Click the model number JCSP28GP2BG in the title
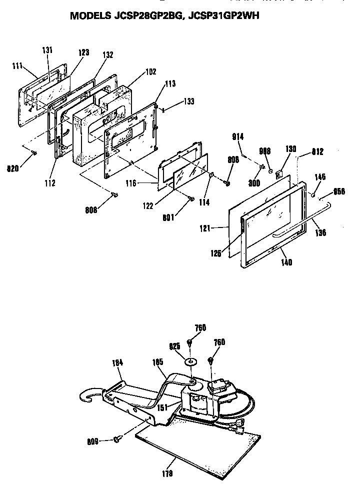145,15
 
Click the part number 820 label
14,168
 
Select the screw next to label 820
34,152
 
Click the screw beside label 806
115,195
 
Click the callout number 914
237,136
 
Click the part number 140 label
286,261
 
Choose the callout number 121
218,228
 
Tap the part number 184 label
118,363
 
